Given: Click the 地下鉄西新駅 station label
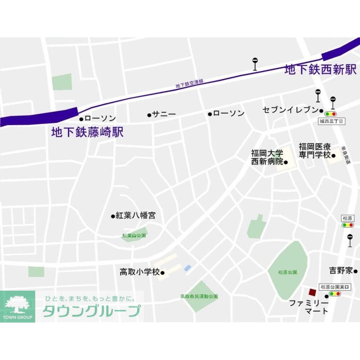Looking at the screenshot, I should point(320,69).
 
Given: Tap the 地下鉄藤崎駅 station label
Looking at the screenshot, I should point(87,132).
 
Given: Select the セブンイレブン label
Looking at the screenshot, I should point(291,110).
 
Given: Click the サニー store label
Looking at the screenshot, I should point(164,115).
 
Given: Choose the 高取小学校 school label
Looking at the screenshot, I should point(140,272).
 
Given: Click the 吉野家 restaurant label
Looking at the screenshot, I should point(341,271).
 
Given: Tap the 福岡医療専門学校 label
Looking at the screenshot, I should point(315,151).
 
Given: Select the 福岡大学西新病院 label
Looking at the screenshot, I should point(267,158).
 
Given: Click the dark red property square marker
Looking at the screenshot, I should point(312,292).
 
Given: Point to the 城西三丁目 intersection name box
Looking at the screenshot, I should point(332,122).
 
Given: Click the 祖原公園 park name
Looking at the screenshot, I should point(288,272).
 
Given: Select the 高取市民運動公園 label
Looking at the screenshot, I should point(199,296).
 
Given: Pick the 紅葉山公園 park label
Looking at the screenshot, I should point(134,236).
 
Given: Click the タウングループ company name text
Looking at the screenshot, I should point(91,311).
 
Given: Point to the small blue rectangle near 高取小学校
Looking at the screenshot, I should point(188,268).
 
